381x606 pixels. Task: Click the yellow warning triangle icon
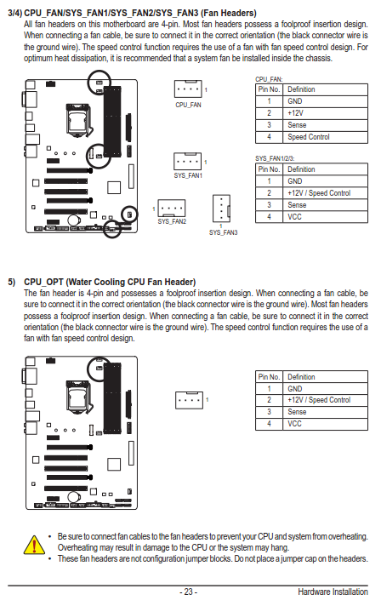click(x=34, y=545)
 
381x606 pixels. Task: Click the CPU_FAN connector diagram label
click(x=188, y=105)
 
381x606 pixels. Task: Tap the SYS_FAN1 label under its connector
click(x=188, y=175)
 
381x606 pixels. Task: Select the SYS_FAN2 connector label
click(x=172, y=221)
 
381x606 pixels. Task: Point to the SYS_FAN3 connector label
click(x=223, y=232)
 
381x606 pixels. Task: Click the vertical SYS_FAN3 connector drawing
click(x=221, y=209)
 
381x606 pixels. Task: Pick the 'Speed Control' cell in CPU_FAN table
click(x=309, y=137)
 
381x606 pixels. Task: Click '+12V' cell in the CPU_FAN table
click(x=295, y=113)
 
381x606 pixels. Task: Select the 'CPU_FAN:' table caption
click(x=269, y=79)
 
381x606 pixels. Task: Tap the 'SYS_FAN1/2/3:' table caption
click(x=275, y=158)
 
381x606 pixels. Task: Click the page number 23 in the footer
click(x=188, y=592)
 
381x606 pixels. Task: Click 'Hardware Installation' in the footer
click(x=333, y=592)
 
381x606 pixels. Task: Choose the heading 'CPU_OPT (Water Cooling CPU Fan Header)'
click(x=110, y=282)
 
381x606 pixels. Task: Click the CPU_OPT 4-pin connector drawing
click(x=189, y=400)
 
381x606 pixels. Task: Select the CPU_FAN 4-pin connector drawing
click(x=188, y=89)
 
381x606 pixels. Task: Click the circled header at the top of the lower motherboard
click(x=100, y=368)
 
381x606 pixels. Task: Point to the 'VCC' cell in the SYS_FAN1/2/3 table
click(x=294, y=217)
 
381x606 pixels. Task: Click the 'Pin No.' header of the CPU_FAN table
click(x=269, y=89)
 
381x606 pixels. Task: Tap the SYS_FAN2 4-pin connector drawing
click(x=172, y=208)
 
